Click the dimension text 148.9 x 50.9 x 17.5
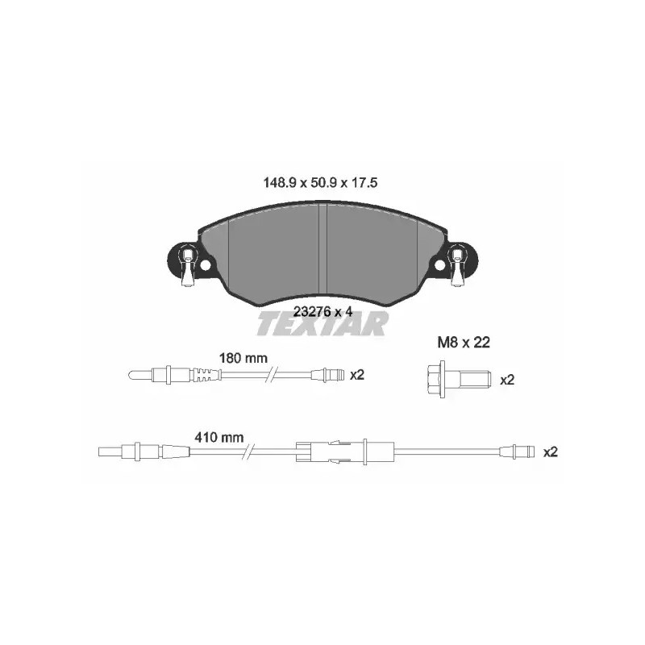(x=320, y=183)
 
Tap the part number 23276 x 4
(x=322, y=311)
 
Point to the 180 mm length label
(x=243, y=358)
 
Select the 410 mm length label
(x=218, y=437)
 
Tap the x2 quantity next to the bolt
(x=507, y=380)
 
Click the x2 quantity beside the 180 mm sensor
(x=357, y=375)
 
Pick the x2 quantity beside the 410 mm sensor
(x=551, y=452)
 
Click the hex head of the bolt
(x=435, y=379)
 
